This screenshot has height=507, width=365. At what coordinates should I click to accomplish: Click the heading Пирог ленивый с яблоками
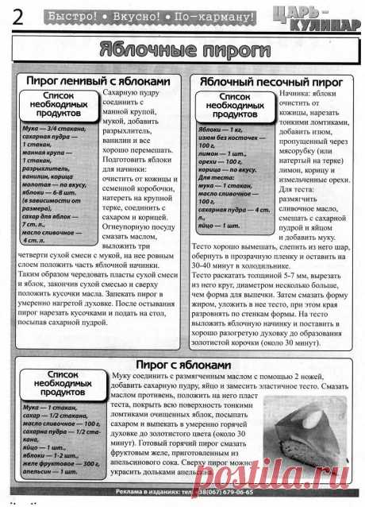pyautogui.click(x=98, y=82)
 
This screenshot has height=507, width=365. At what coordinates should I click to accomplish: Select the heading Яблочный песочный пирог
pyautogui.click(x=267, y=82)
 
